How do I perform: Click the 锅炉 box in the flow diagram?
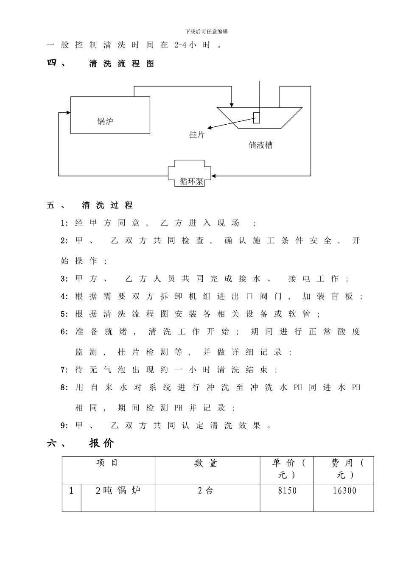[110, 115]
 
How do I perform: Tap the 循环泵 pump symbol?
[192, 174]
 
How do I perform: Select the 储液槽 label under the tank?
[260, 145]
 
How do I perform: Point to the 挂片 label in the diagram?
[197, 135]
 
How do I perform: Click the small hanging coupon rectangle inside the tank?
[256, 117]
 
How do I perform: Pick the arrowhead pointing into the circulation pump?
[214, 175]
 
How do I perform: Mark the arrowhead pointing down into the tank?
[231, 104]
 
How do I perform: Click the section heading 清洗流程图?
[121, 64]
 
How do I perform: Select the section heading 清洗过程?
[107, 206]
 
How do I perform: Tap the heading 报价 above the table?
[102, 443]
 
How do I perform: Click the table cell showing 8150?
[287, 491]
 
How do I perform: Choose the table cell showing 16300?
[344, 491]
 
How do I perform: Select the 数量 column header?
[206, 464]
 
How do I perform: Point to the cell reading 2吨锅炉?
[118, 491]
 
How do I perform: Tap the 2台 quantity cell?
[206, 491]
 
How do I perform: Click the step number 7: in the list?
[64, 370]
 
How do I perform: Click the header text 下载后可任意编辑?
[207, 32]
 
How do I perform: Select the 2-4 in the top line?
[180, 45]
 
